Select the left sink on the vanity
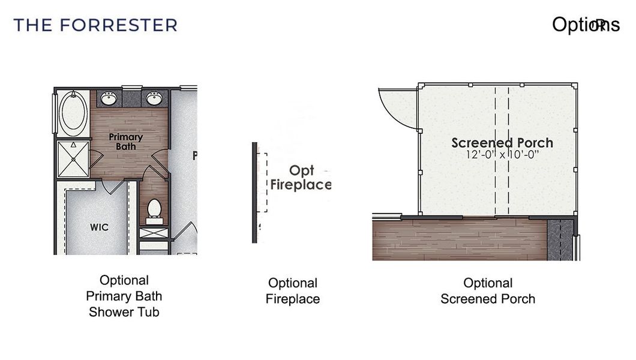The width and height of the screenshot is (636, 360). tap(109, 98)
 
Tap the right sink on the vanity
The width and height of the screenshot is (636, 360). tap(153, 98)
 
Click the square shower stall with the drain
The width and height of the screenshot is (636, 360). tap(73, 158)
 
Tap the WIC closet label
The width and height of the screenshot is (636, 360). tap(99, 227)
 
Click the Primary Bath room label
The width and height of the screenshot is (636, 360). tap(126, 142)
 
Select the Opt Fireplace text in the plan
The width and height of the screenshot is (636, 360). tap(301, 178)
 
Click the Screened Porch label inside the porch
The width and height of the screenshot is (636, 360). tap(502, 143)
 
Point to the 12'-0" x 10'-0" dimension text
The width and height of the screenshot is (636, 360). tap(502, 154)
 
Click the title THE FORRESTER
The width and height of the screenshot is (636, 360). tap(95, 25)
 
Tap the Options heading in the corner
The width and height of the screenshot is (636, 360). tap(585, 25)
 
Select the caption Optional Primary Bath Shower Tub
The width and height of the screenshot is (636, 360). tap(124, 296)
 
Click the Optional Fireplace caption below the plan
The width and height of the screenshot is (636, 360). tap(293, 291)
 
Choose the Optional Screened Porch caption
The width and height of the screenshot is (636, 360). tap(488, 291)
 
